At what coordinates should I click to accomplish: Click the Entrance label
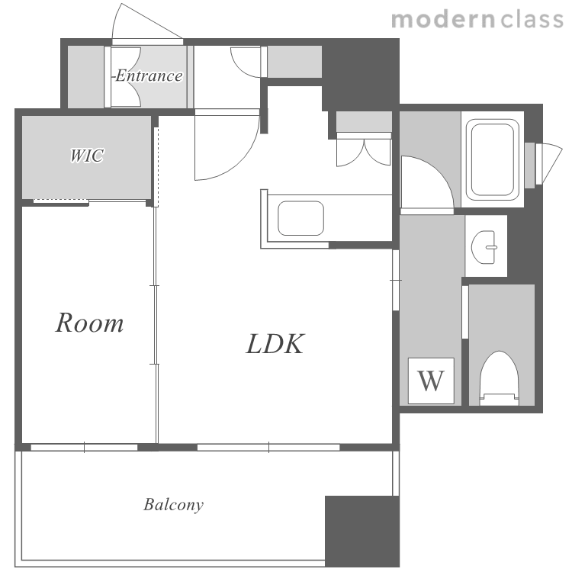148,76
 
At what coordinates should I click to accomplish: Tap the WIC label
87,156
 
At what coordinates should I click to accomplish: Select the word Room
89,323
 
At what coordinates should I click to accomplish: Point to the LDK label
275,344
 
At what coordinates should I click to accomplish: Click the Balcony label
173,505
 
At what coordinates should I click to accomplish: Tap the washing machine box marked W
431,381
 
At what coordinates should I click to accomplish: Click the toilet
499,378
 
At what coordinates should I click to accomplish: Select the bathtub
493,160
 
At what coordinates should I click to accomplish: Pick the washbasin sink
484,247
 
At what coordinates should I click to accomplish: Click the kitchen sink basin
300,218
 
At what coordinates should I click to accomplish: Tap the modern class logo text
477,19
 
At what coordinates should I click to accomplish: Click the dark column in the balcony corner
362,531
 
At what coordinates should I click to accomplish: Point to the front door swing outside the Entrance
147,23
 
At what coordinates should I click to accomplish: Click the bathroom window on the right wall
544,164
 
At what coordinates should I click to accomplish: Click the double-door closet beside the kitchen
364,150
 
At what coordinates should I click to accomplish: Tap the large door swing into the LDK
227,145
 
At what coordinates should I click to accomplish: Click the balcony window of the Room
84,447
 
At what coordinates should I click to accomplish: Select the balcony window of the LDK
268,447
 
